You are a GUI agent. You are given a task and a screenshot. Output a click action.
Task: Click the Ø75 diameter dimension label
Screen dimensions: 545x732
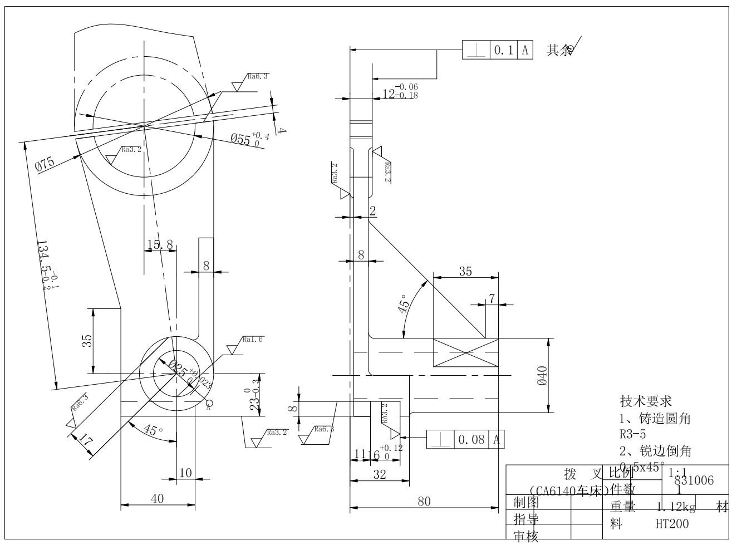(45, 165)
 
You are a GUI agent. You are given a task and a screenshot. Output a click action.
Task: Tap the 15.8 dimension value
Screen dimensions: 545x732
(160, 245)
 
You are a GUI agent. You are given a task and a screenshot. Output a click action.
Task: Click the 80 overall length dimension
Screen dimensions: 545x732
(424, 501)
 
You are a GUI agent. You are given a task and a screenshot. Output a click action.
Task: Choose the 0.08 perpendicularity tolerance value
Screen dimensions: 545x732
(471, 440)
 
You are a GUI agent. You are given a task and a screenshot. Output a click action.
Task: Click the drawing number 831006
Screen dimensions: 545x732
(693, 480)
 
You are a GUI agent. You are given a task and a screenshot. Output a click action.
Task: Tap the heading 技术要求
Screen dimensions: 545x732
(646, 401)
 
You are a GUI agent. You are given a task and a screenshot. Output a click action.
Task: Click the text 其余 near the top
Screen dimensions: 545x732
(559, 51)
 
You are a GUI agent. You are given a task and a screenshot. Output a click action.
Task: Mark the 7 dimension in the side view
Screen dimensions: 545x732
(492, 298)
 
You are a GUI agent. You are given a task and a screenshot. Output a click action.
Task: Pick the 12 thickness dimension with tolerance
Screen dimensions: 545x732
(400, 93)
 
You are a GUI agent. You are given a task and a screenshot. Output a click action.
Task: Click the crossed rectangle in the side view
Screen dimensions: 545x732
(465, 352)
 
